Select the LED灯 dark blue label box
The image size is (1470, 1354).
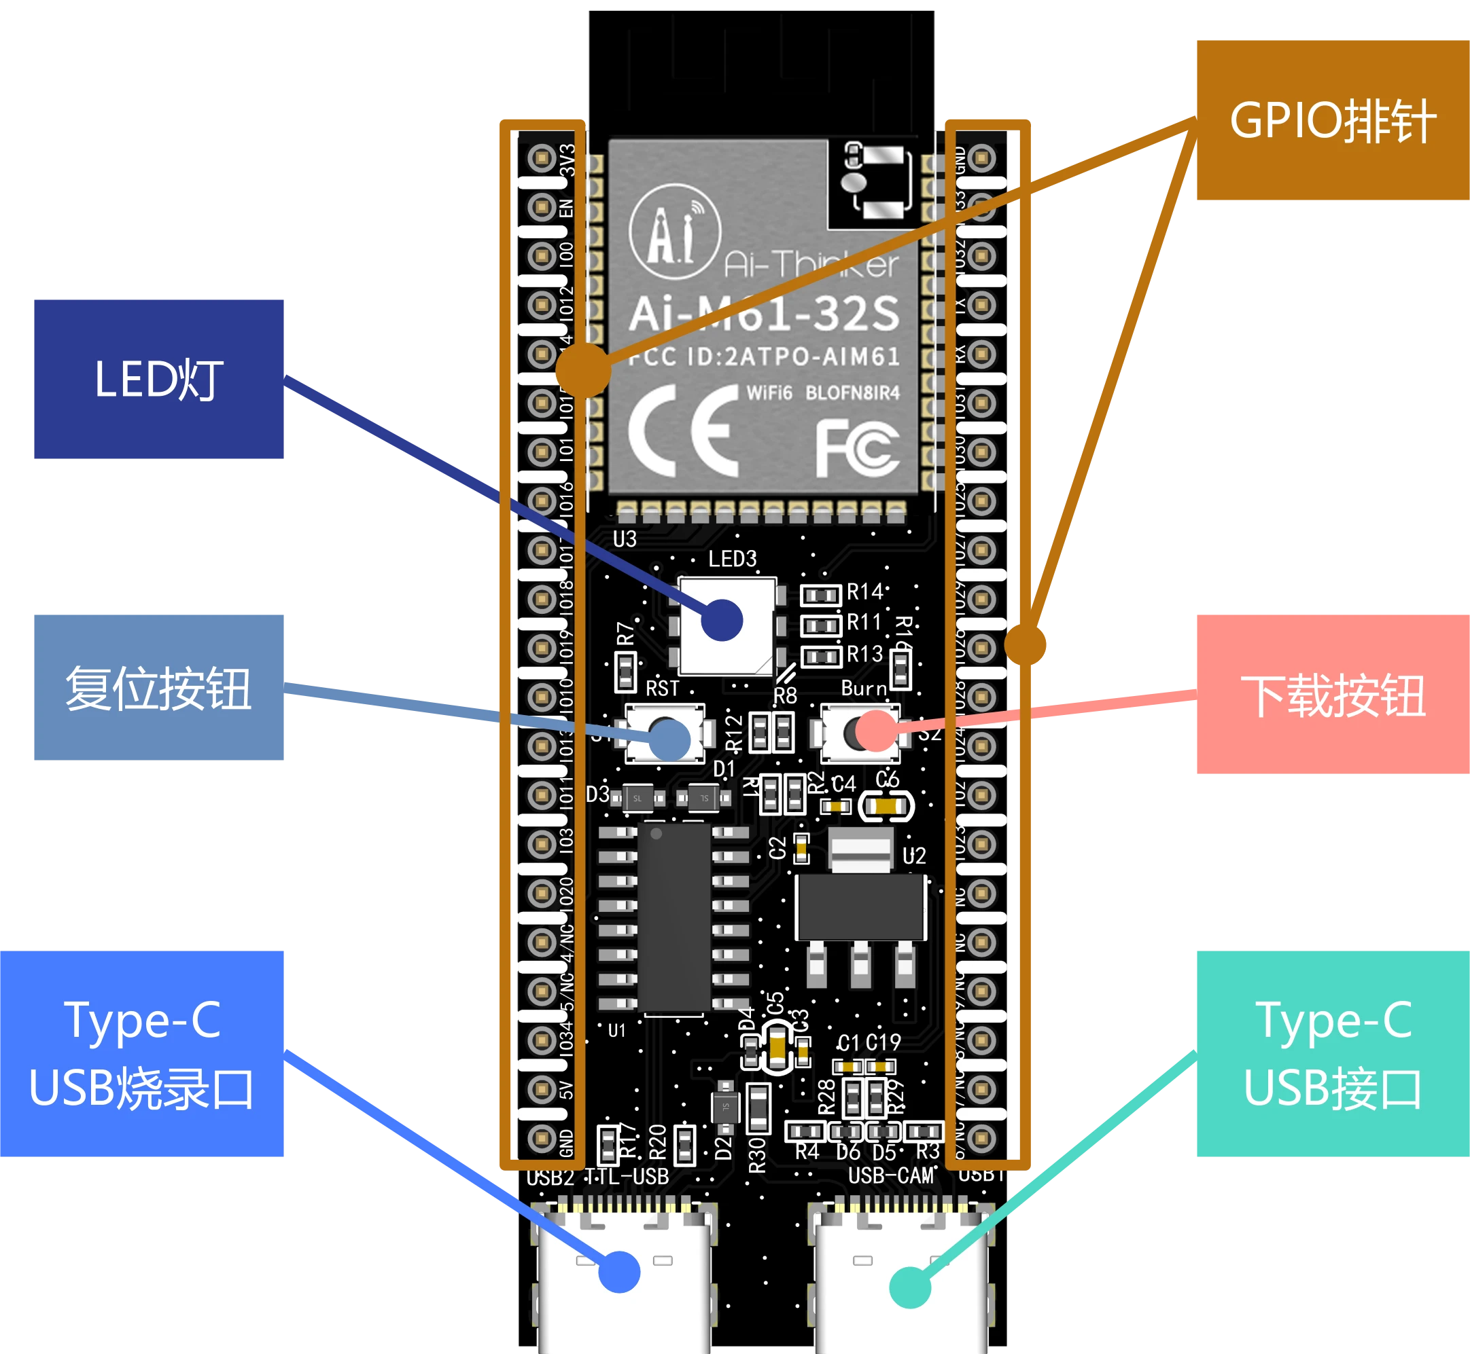159,380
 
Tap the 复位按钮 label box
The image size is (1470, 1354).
159,687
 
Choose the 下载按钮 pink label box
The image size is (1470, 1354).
1332,695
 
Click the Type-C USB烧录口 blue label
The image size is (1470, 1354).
143,1054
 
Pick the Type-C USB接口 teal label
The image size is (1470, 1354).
1332,1054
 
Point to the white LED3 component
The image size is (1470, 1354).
726,625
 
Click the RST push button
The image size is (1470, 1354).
664,733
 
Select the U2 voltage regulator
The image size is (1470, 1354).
861,909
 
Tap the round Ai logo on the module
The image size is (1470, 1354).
674,231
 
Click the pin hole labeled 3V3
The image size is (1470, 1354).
542,158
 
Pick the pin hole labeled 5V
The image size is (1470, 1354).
542,1088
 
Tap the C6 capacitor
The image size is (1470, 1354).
886,807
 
